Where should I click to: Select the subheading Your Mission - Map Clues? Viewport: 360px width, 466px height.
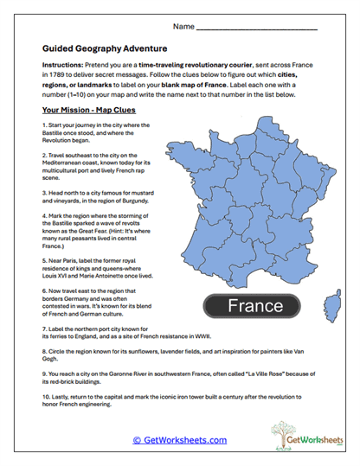point(89,112)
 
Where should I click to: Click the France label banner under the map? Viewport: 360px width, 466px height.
point(256,305)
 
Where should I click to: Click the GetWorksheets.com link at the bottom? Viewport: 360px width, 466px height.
point(179,440)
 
